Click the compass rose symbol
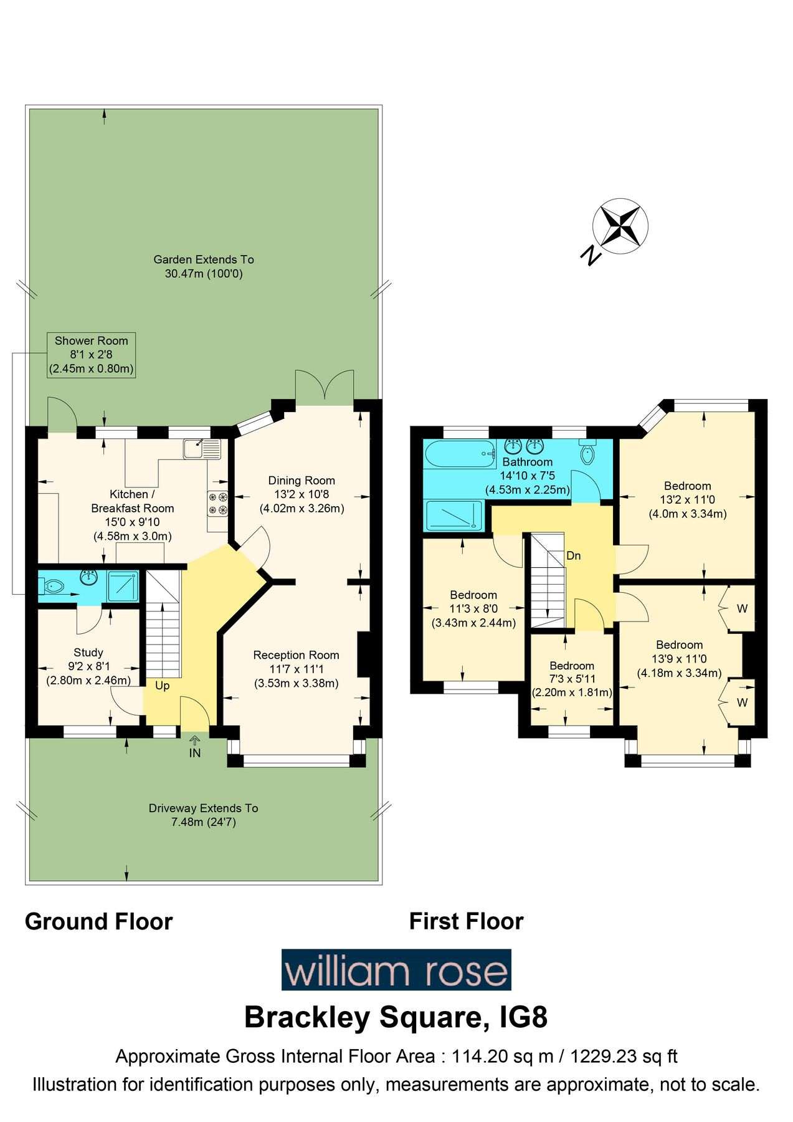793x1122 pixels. [620, 226]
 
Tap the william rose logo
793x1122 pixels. [396, 970]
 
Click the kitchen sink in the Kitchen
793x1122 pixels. [202, 449]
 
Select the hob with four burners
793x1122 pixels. [218, 504]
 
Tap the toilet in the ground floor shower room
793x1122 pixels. [52, 586]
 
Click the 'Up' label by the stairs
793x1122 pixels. [162, 686]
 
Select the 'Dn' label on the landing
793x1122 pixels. [573, 555]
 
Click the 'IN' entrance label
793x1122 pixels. [195, 753]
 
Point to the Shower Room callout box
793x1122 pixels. [92, 355]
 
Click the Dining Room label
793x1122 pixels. [302, 481]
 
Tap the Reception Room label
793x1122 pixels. [296, 655]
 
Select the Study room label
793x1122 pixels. [88, 653]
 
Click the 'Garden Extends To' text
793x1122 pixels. [204, 259]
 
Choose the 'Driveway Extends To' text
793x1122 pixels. [203, 808]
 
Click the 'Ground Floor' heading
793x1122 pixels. [98, 921]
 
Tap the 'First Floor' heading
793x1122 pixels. [466, 921]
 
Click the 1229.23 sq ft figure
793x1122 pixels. [624, 1056]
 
